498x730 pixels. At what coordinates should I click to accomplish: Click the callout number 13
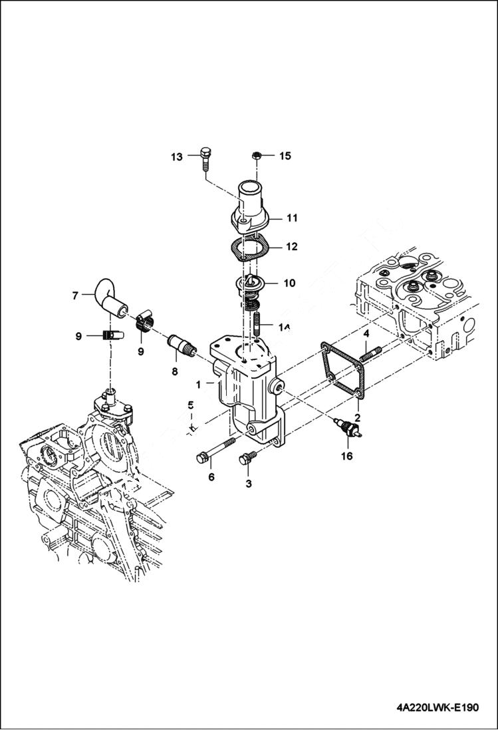coord(176,157)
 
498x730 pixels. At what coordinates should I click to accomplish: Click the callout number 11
coord(292,218)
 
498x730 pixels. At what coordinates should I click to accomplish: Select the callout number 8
coord(175,372)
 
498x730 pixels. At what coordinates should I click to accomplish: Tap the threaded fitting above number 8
coord(180,345)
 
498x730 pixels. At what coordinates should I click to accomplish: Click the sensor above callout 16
coord(348,429)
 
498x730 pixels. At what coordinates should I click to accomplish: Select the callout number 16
coord(347,456)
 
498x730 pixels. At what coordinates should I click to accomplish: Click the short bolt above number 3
coord(249,458)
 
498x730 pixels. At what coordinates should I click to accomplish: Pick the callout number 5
coord(190,405)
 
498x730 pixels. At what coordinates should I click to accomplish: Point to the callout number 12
coord(292,246)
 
